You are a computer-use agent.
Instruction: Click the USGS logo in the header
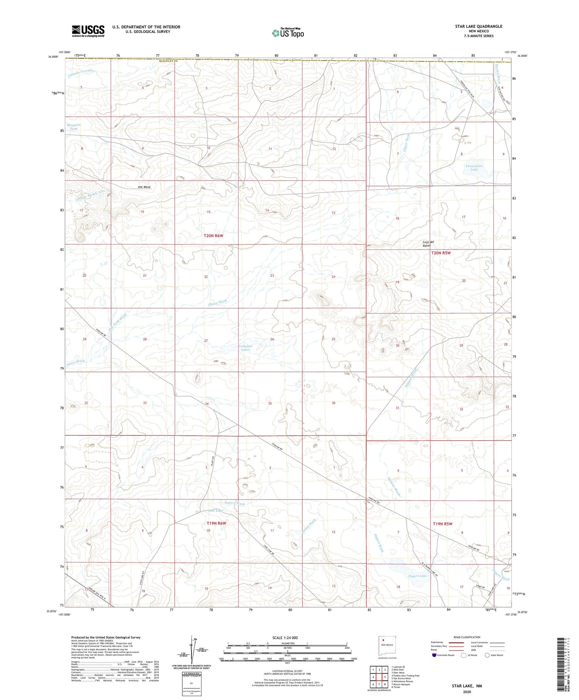pos(88,31)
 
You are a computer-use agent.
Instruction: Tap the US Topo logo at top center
pos(288,33)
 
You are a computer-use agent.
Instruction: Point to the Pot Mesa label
pos(144,187)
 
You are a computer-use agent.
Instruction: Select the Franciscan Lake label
pos(474,168)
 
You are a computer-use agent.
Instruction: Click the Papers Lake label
pos(418,576)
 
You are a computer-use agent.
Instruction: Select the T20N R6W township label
pos(213,236)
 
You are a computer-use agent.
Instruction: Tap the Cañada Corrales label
pos(81,73)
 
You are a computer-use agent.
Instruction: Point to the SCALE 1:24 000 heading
pos(285,637)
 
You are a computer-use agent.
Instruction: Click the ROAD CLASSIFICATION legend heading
pos(467,637)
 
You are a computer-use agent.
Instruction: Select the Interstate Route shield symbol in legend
pos(434,655)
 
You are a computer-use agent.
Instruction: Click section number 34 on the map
pos(207,404)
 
